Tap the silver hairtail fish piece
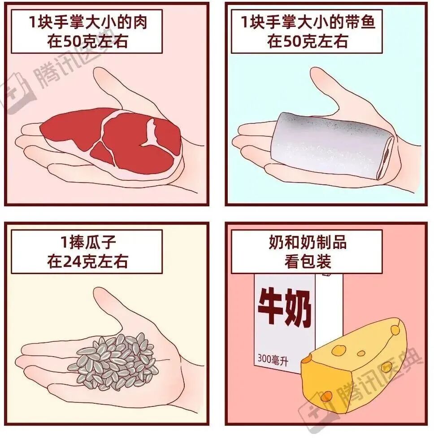[332, 145]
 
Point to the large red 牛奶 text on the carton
[285, 306]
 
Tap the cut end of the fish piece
[386, 157]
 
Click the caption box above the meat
[87, 31]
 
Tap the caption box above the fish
[307, 31]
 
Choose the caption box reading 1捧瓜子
[87, 252]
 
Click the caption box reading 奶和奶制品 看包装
[307, 252]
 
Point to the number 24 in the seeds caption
[70, 262]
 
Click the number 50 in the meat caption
[70, 41]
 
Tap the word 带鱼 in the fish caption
[360, 22]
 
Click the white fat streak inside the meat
[150, 133]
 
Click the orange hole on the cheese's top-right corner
[395, 329]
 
